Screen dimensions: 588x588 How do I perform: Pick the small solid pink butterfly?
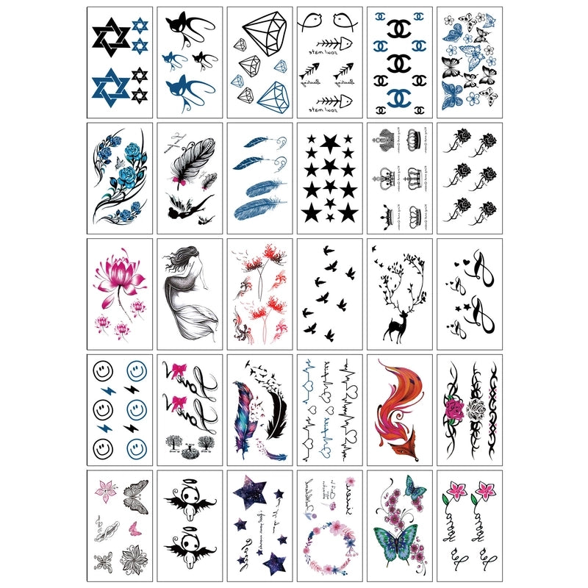point(135,527)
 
